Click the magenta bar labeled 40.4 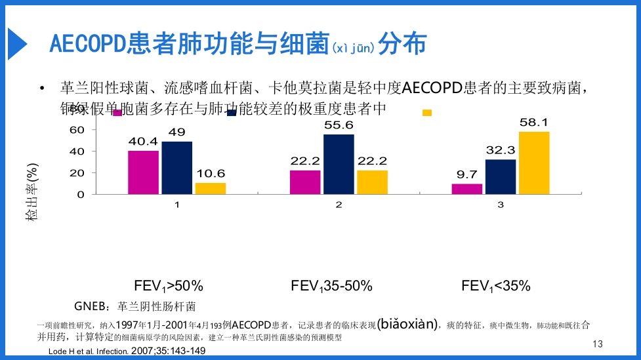[x=143, y=172]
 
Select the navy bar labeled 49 [x=176, y=168]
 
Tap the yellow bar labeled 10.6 [x=210, y=188]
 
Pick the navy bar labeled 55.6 [x=339, y=164]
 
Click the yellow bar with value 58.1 [x=534, y=163]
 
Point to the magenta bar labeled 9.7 [x=467, y=189]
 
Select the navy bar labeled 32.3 [x=501, y=176]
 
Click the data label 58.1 [x=534, y=123]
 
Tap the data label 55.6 [x=339, y=125]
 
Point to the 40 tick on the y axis [x=77, y=151]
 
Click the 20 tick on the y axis [x=77, y=173]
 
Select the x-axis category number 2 [x=339, y=205]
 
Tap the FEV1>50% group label [x=169, y=286]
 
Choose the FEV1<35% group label [x=495, y=286]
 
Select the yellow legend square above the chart [x=427, y=113]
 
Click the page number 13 [x=596, y=344]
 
